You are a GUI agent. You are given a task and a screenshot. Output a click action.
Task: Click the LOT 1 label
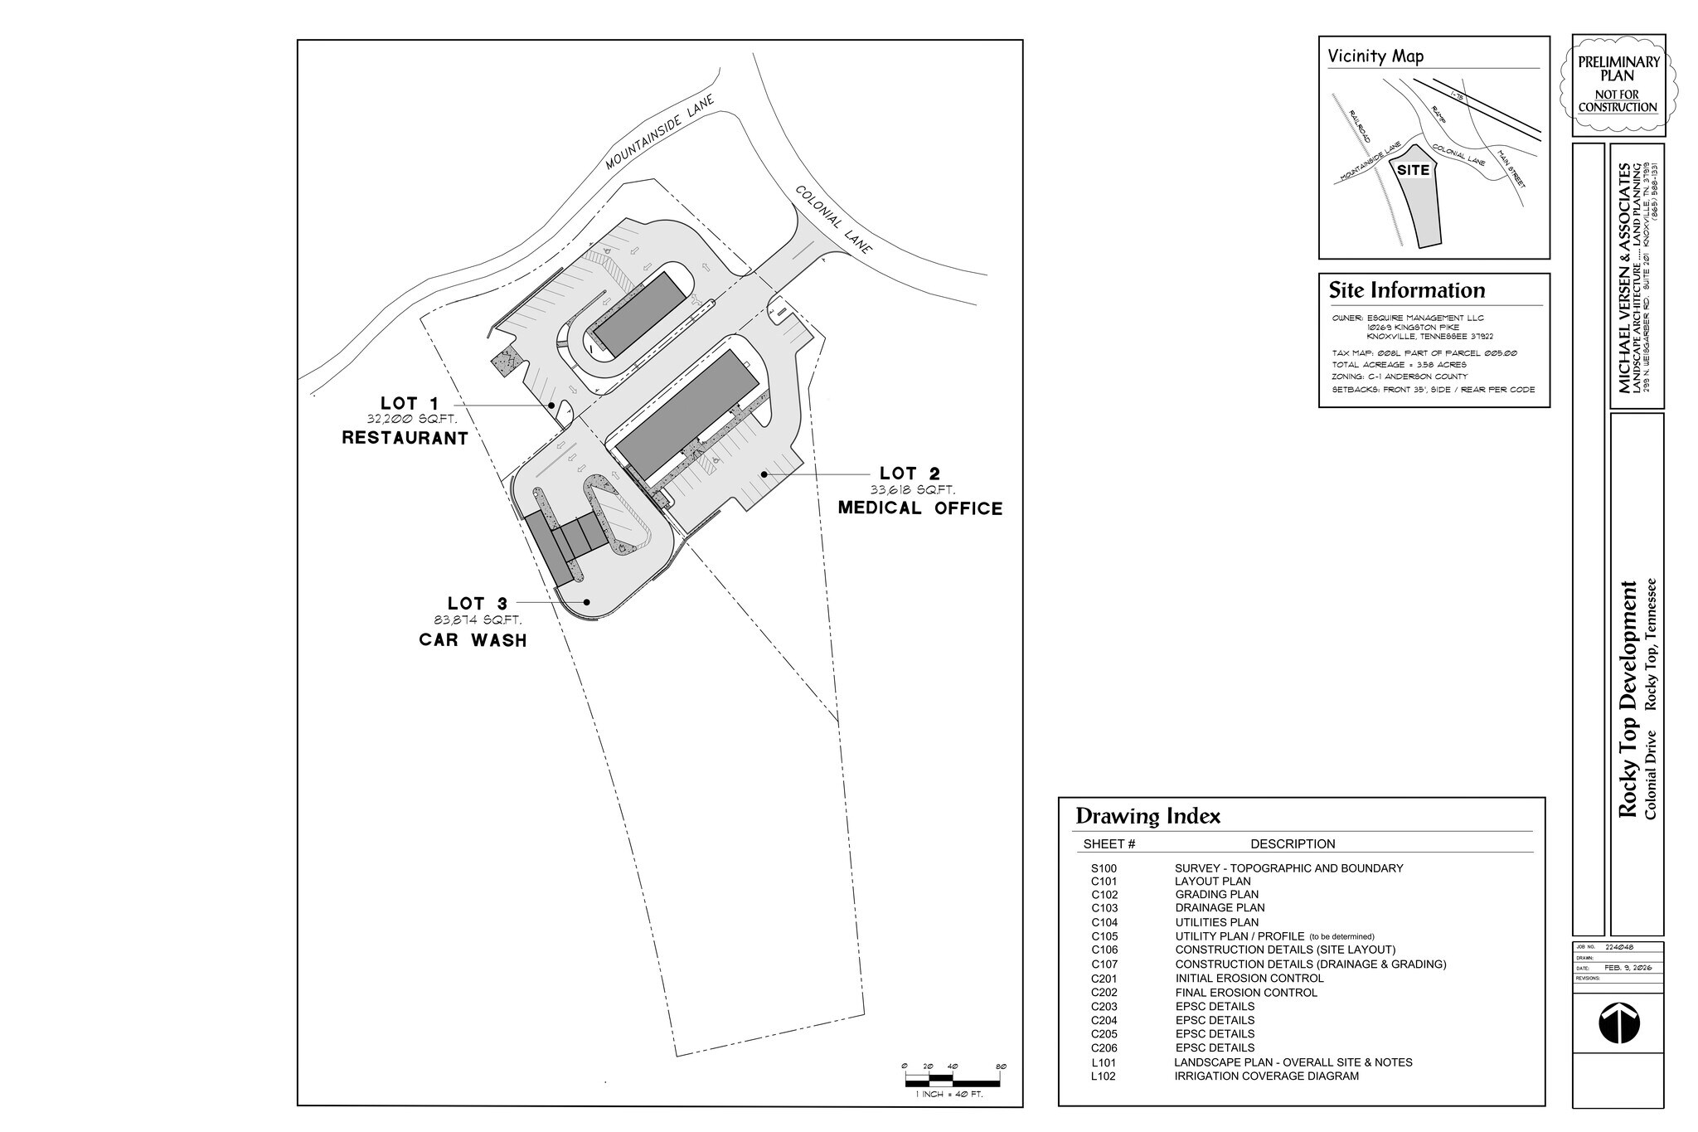pos(410,404)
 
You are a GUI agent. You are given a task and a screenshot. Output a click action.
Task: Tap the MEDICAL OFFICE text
pos(919,508)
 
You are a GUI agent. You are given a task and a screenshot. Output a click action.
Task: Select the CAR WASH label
pos(473,640)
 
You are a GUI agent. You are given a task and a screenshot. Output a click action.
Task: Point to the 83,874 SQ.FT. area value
pos(478,620)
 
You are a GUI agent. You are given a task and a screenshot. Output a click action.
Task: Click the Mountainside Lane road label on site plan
pos(659,133)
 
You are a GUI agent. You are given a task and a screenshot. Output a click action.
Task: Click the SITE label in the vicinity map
pos(1413,170)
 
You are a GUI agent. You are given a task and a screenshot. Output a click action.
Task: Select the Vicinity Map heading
pos(1375,56)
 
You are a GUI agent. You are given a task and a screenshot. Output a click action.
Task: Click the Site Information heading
pos(1406,290)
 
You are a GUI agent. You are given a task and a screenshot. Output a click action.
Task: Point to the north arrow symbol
pos(1618,1023)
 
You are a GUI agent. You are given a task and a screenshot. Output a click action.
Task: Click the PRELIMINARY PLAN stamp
pos(1618,84)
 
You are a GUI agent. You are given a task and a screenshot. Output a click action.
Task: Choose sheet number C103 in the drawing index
pos(1104,908)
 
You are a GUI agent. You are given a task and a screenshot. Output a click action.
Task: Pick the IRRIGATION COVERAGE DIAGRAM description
pos(1266,1076)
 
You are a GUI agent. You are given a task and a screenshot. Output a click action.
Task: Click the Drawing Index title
pos(1147,816)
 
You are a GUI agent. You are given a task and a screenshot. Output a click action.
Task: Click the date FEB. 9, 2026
pos(1628,968)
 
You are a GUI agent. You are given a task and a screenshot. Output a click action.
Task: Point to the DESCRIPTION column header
pos(1293,844)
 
